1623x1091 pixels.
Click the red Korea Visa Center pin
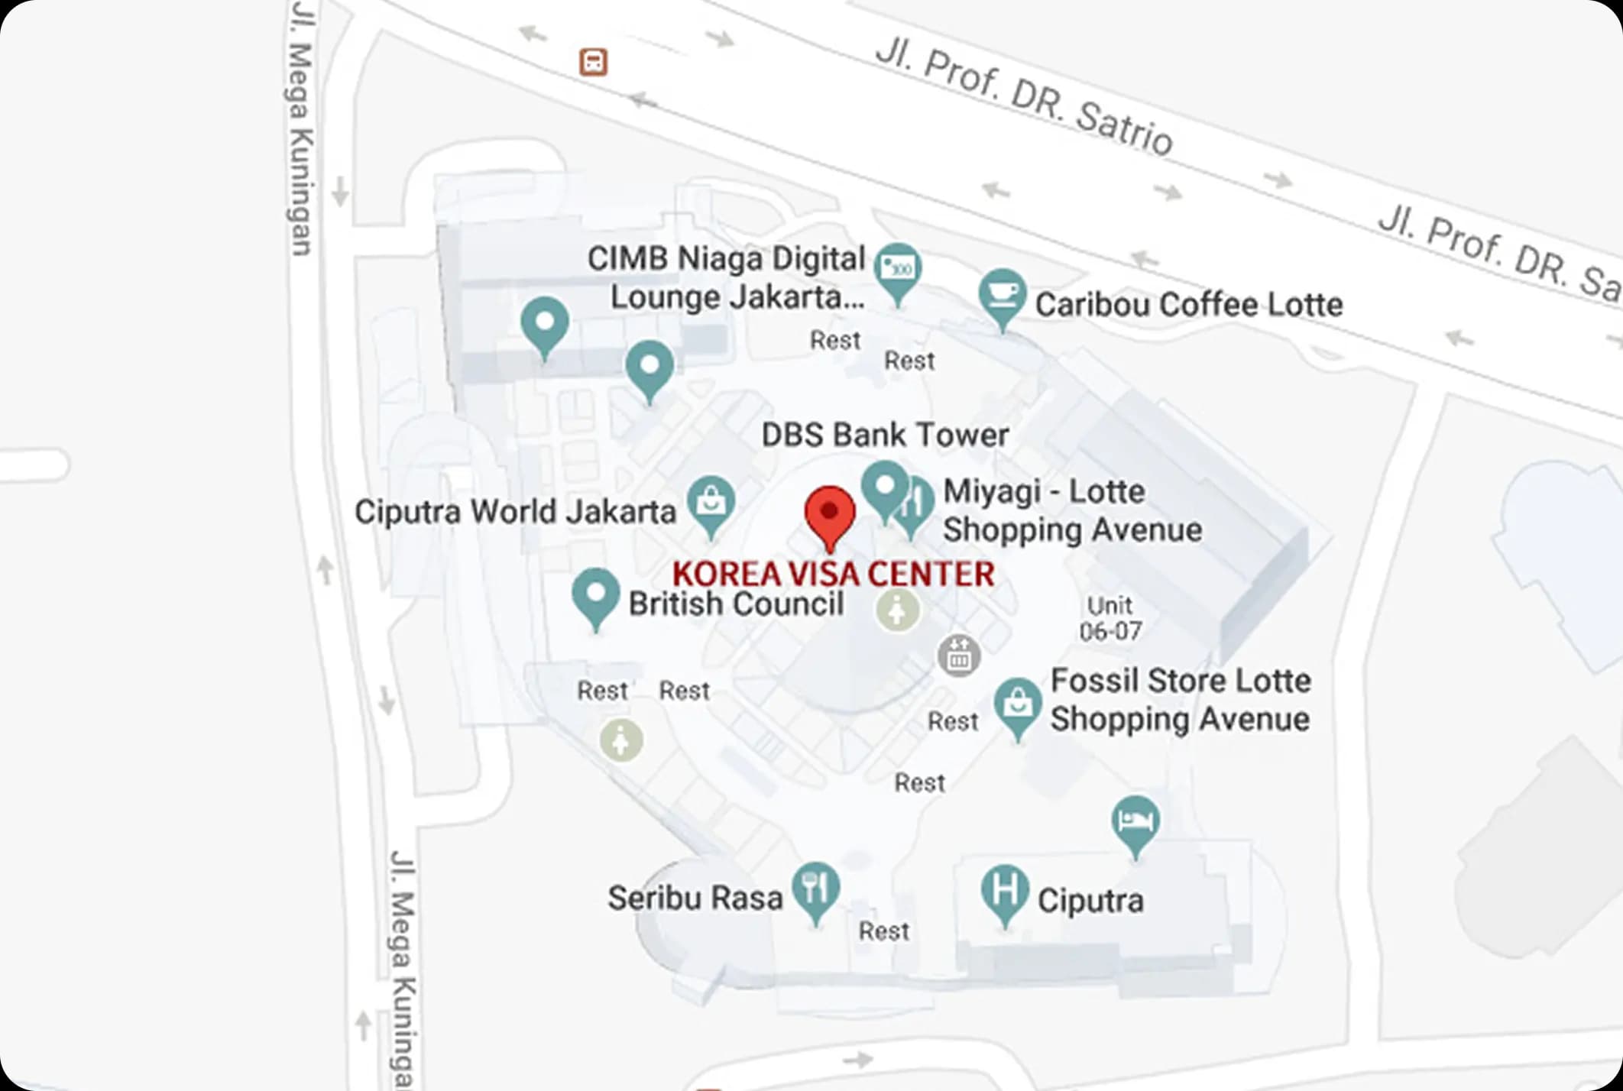pyautogui.click(x=830, y=513)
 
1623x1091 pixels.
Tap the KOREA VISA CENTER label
pyautogui.click(x=833, y=574)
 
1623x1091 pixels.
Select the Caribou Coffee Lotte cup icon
pyautogui.click(x=1002, y=295)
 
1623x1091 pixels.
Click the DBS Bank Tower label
pyautogui.click(x=885, y=435)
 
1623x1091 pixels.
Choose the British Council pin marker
pyautogui.click(x=595, y=595)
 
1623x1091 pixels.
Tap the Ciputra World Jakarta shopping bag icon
pyautogui.click(x=711, y=503)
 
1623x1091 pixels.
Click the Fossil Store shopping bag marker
pyautogui.click(x=1017, y=704)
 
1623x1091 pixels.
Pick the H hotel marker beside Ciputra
pyautogui.click(x=1004, y=891)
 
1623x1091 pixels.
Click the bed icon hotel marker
pyautogui.click(x=1135, y=822)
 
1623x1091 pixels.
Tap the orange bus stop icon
pyautogui.click(x=593, y=62)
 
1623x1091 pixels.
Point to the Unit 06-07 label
pyautogui.click(x=1110, y=618)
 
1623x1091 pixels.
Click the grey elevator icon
pyautogui.click(x=958, y=655)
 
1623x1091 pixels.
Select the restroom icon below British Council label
pyautogui.click(x=898, y=610)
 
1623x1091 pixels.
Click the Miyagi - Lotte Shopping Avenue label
pyautogui.click(x=1072, y=510)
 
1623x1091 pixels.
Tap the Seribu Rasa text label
pyautogui.click(x=695, y=898)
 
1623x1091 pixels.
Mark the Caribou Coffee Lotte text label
pyautogui.click(x=1188, y=304)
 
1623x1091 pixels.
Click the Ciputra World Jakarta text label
pyautogui.click(x=515, y=511)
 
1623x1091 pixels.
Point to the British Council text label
pyautogui.click(x=736, y=604)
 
